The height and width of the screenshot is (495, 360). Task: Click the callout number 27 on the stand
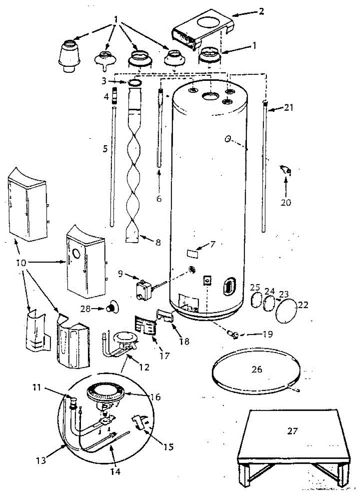click(292, 431)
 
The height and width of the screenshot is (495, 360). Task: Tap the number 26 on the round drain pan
click(257, 369)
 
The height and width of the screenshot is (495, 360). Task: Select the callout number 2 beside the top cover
click(261, 11)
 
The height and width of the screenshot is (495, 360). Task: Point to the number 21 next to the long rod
click(288, 108)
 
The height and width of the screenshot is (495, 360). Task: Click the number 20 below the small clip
click(286, 203)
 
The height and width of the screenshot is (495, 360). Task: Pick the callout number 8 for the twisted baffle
click(158, 243)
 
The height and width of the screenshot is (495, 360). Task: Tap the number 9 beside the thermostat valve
click(120, 274)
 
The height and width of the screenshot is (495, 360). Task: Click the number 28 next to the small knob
click(85, 309)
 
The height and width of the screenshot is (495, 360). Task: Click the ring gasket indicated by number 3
click(135, 82)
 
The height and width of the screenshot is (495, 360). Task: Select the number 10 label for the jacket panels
click(21, 263)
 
